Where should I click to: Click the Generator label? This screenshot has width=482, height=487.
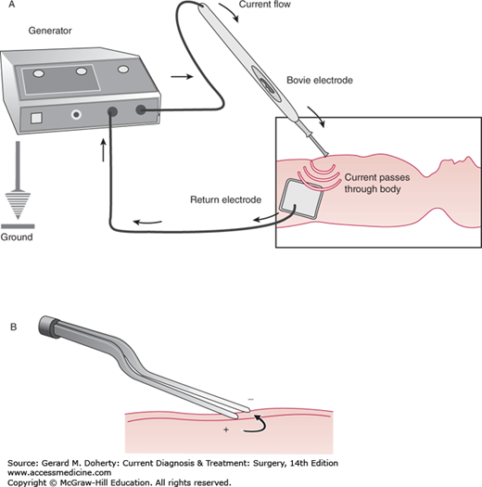[x=50, y=31]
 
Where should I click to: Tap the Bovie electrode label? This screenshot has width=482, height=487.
[x=320, y=80]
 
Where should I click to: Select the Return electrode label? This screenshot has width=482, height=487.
[x=225, y=199]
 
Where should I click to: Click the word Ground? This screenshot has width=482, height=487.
[x=17, y=237]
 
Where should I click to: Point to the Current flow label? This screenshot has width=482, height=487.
[x=264, y=5]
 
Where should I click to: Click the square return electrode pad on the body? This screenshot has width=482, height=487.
[x=300, y=199]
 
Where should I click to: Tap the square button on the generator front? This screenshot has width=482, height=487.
[x=36, y=118]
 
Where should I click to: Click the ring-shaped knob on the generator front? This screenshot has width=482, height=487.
[x=76, y=115]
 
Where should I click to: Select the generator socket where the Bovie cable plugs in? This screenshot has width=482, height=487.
[x=141, y=109]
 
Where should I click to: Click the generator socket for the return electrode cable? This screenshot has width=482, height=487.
[x=112, y=111]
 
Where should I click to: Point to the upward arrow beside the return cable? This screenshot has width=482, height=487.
[x=104, y=150]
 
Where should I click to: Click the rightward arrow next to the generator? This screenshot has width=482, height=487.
[x=183, y=76]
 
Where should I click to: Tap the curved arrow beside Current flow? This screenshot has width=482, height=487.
[x=230, y=12]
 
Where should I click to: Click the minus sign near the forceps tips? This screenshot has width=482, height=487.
[x=251, y=399]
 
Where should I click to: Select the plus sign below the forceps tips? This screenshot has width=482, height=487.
[x=226, y=429]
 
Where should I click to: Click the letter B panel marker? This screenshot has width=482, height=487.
[x=13, y=327]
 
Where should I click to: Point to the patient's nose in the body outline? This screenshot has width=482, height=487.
[x=465, y=160]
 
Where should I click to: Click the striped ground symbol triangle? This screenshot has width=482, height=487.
[x=18, y=206]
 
